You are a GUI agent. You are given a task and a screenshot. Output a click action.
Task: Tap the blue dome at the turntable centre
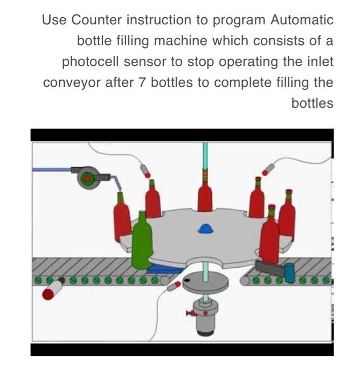pos(205,229)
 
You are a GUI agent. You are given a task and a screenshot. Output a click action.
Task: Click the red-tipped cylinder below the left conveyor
pos(52,294)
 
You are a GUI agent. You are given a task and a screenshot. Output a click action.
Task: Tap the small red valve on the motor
pos(190,312)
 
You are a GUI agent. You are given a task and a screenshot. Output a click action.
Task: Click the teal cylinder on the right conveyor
pos(289,273)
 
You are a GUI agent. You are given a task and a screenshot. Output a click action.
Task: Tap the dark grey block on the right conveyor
pos(267,265)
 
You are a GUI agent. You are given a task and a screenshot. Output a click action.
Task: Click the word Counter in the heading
pos(95,20)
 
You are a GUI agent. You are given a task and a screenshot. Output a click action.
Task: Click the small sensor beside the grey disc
pos(174,286)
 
